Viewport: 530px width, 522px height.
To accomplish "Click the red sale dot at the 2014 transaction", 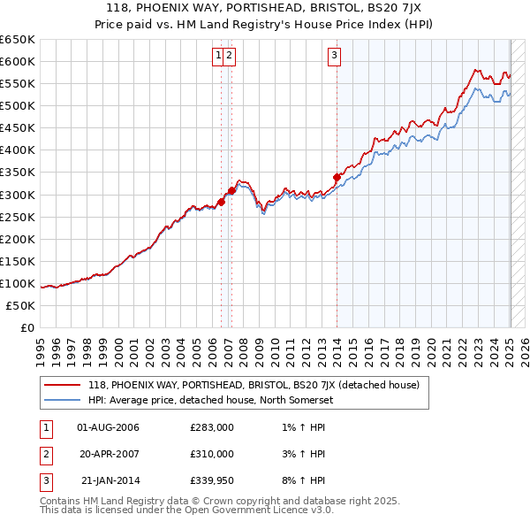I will [337, 177].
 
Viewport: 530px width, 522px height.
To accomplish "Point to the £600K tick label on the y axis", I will [18, 61].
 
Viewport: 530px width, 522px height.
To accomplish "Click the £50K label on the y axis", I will [21, 305].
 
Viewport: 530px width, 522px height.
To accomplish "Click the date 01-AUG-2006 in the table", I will [109, 427].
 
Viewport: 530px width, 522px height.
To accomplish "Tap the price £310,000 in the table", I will [212, 454].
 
